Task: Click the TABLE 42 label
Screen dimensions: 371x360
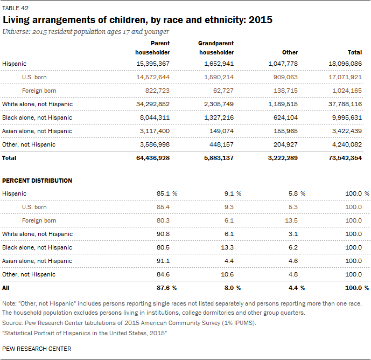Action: click(x=15, y=8)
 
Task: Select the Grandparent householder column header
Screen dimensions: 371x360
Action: click(x=216, y=48)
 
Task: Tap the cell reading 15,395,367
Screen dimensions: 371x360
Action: click(x=153, y=64)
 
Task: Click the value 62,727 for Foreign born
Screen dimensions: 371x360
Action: click(x=223, y=91)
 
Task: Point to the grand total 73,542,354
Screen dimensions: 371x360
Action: click(x=345, y=158)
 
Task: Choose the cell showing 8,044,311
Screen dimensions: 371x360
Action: click(x=155, y=117)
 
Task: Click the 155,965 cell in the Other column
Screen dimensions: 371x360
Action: click(x=285, y=131)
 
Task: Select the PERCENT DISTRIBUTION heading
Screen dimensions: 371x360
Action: click(x=37, y=181)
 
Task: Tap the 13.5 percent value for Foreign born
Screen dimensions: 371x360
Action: click(x=291, y=220)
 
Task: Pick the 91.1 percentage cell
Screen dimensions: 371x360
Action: click(x=163, y=261)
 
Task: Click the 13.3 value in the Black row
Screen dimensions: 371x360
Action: click(x=227, y=247)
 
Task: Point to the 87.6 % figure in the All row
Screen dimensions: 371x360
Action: click(x=166, y=288)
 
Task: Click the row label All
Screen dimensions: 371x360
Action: click(x=6, y=288)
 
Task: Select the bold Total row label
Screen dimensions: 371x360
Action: click(x=9, y=158)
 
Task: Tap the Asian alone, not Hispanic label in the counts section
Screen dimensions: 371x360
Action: click(x=37, y=131)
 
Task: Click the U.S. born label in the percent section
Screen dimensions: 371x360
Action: click(x=34, y=207)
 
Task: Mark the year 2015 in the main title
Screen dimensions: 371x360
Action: click(x=261, y=20)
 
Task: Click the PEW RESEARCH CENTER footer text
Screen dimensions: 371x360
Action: click(x=37, y=349)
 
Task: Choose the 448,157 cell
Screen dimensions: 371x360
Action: click(x=221, y=145)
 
